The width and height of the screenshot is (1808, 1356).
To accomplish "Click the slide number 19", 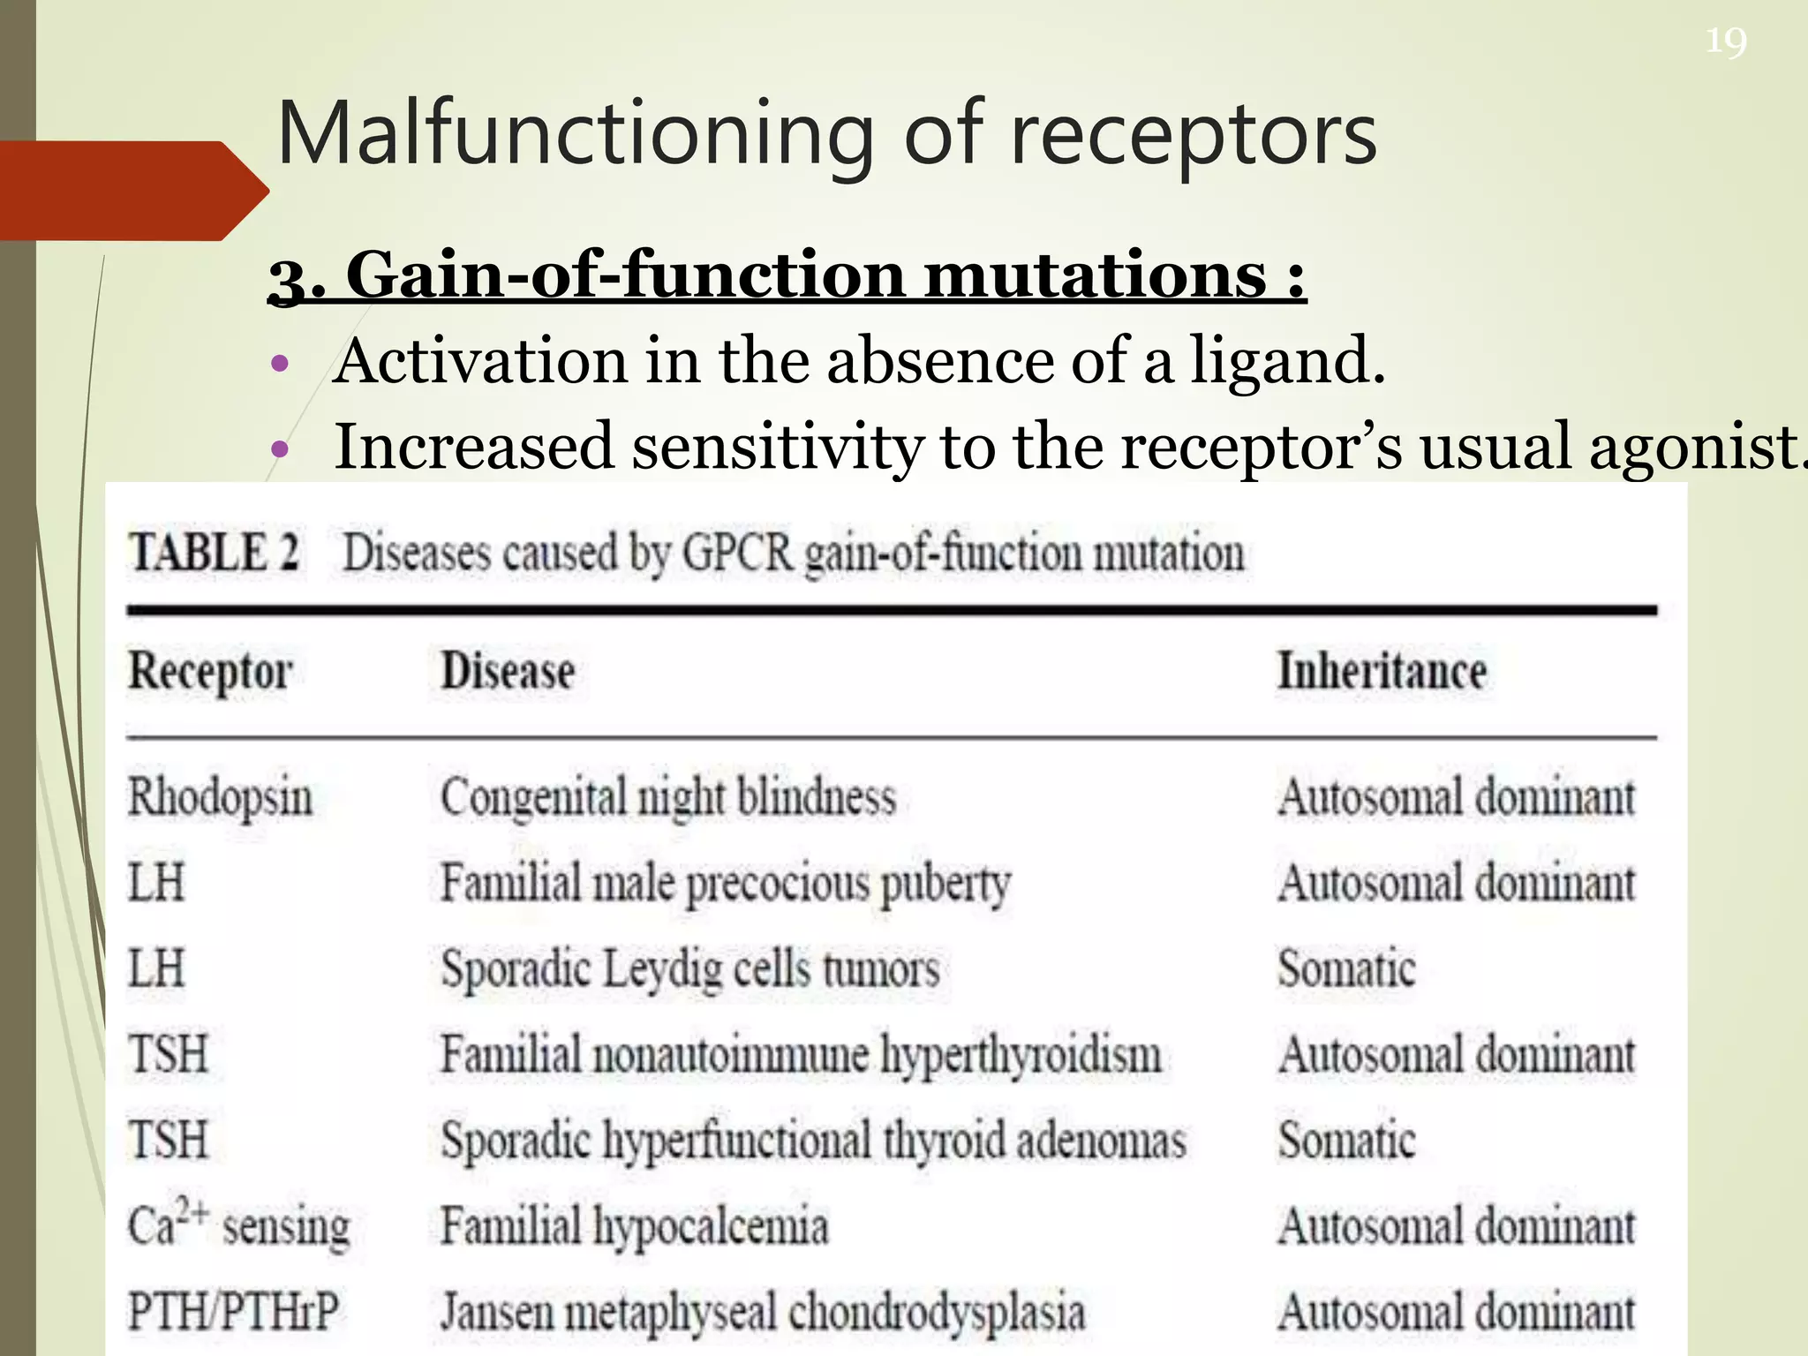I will pos(1725,41).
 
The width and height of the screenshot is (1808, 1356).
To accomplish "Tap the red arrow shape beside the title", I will pos(132,191).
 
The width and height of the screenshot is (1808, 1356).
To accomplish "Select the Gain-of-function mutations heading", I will pos(787,275).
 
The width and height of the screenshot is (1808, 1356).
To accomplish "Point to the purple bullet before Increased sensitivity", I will pos(281,448).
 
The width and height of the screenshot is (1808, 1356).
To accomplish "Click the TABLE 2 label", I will pos(215,553).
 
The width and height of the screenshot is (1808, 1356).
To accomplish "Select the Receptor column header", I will pos(210,671).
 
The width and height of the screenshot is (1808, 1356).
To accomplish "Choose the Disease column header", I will pos(508,671).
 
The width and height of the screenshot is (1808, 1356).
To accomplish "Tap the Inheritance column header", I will pos(1382,671).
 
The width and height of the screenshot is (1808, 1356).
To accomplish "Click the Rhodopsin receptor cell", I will pos(221,797).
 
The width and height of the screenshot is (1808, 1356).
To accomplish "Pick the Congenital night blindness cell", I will pos(668,797).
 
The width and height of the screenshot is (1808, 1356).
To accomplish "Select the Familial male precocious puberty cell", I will pos(726,883).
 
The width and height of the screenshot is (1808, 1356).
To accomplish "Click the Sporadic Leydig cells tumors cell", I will pos(690,968).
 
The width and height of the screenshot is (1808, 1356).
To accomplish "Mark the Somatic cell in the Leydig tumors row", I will pos(1346,968).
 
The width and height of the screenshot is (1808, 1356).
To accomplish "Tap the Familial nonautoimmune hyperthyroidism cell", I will pos(801,1054).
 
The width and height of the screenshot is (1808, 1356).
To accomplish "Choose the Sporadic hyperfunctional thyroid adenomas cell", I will pos(813,1140).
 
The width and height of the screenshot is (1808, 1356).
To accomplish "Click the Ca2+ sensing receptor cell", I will pos(238,1225).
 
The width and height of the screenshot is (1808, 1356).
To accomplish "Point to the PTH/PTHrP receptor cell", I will pos(233,1311).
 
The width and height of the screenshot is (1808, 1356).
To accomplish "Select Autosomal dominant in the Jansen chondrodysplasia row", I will pos(1457,1311).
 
